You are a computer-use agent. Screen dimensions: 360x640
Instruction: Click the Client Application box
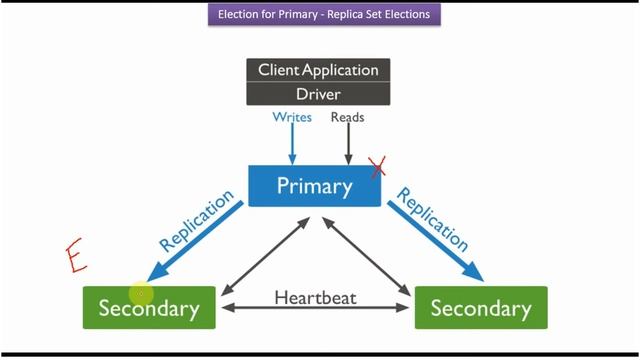pos(318,70)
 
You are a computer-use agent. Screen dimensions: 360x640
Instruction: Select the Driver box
pos(318,94)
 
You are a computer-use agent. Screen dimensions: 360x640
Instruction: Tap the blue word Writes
pos(292,117)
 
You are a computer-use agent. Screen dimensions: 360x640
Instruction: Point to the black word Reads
pos(347,117)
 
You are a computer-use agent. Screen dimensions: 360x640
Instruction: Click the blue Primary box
pos(314,186)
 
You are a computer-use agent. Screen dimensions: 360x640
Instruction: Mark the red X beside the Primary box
pos(377,168)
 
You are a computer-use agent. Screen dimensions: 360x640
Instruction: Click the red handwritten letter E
pos(74,254)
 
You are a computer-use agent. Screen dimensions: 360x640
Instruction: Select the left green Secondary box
pos(148,307)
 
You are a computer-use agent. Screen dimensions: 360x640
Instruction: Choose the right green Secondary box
pos(481,307)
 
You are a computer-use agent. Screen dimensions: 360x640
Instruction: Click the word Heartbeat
pos(315,297)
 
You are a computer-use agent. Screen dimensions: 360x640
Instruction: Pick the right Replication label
pos(432,218)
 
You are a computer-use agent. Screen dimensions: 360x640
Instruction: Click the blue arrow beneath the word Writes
pos(292,145)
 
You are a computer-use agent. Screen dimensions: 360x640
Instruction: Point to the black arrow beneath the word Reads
pos(347,145)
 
